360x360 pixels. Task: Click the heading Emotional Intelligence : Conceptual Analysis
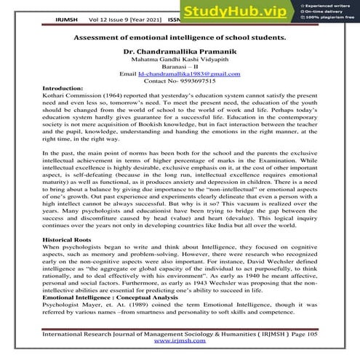[108, 298]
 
